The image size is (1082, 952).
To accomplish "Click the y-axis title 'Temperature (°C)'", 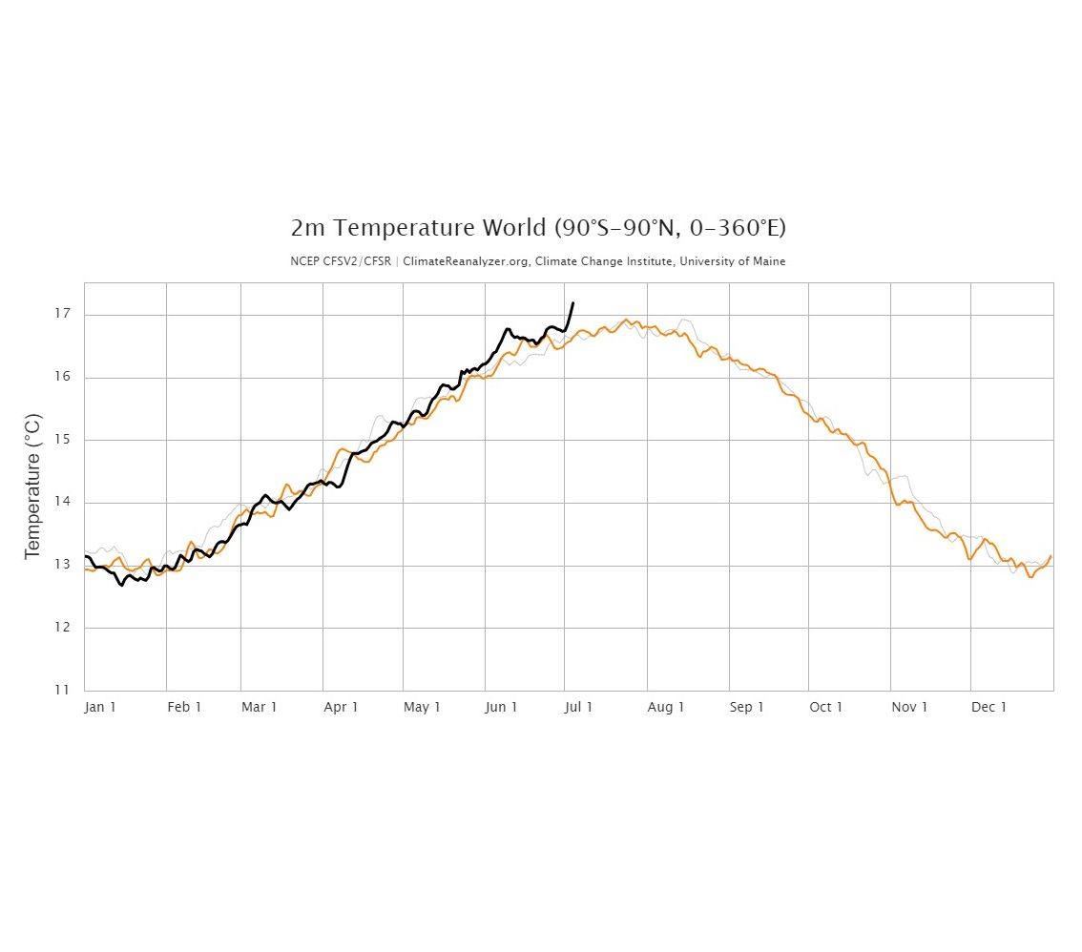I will click(x=33, y=486).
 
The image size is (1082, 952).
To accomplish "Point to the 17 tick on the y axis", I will click(x=64, y=314).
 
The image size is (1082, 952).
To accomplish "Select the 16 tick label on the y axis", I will click(x=64, y=377).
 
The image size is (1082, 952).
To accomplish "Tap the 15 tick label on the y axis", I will click(x=64, y=440).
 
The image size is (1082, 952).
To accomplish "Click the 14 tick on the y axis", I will click(x=64, y=502).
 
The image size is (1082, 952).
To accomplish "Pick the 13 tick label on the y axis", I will click(x=64, y=565).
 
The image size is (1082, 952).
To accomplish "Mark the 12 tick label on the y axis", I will click(x=64, y=628).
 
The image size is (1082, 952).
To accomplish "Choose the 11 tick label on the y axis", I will click(x=64, y=690).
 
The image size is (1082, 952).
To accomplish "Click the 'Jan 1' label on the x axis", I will click(x=100, y=707).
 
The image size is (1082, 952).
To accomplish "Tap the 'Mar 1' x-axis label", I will click(x=260, y=707).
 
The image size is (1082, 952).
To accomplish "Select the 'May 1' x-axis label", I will click(x=422, y=707).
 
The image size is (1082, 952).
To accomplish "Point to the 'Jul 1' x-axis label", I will click(x=578, y=707).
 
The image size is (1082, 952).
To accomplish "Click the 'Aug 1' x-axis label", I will click(x=666, y=707).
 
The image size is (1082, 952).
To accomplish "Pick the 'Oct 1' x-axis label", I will click(x=826, y=707).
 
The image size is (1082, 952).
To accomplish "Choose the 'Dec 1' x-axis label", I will click(x=989, y=707).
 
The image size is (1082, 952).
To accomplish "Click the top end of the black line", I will click(x=572, y=303).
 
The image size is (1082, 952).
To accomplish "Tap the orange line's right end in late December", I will click(x=1051, y=556).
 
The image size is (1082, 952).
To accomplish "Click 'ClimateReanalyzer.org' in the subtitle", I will click(x=462, y=261).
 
